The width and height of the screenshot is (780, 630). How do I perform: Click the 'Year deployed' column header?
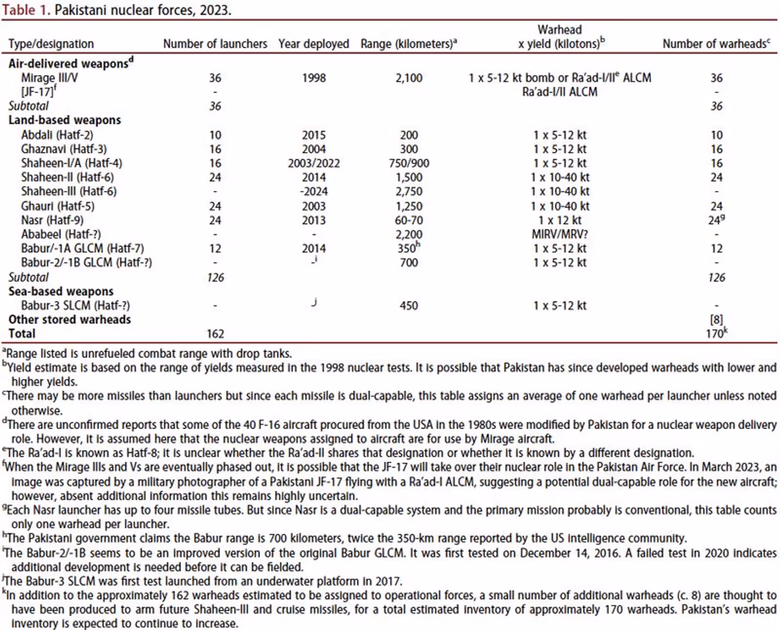point(313,44)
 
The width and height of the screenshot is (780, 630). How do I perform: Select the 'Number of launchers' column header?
point(215,44)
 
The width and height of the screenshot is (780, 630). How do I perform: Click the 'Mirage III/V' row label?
point(49,78)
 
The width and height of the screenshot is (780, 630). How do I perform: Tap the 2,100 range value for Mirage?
point(409,78)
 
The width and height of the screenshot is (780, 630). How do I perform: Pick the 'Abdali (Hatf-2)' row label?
point(57,135)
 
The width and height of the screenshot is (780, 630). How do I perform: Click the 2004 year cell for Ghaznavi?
point(314,149)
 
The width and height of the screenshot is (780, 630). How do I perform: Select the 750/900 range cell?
point(409,163)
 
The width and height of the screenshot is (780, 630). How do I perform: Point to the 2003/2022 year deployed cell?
point(314,163)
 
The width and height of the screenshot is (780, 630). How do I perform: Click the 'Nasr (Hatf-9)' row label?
point(52,220)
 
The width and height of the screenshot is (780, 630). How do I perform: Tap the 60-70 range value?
point(409,220)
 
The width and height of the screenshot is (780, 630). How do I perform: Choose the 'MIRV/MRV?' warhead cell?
point(559,234)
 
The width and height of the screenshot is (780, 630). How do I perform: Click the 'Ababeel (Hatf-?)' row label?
point(61,234)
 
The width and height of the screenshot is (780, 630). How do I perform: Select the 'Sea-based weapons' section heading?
point(61,292)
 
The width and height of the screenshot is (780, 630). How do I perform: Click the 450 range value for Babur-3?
point(409,306)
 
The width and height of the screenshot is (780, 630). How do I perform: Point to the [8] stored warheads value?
point(716,320)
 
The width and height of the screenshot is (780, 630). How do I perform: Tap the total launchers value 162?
point(215,334)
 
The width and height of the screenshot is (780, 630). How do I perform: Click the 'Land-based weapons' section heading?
point(65,121)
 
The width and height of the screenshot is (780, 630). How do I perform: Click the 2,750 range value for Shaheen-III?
point(409,192)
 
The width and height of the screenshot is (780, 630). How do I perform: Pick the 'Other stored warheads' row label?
point(69,320)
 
